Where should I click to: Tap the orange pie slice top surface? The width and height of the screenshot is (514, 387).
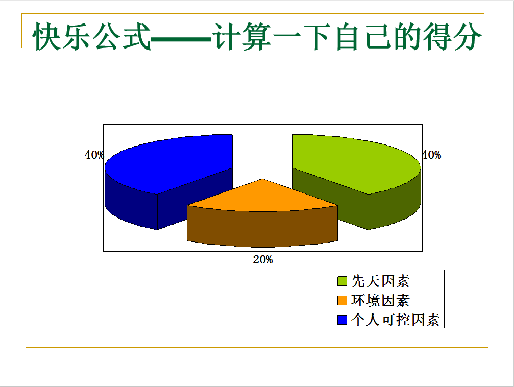262,197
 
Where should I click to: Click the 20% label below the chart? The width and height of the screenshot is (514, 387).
262,260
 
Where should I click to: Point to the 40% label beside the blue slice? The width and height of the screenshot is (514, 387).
94,155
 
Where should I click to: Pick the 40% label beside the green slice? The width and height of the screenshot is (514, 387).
431,155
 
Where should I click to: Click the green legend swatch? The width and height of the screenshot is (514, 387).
342,281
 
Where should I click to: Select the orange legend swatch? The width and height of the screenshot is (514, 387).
342,300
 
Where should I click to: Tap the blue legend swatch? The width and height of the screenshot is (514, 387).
342,320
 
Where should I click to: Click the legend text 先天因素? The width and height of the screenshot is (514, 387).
380,281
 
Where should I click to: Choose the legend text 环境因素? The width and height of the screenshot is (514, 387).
380,300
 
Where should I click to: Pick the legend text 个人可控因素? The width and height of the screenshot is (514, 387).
396,320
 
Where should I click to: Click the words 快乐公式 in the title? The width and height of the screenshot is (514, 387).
91,36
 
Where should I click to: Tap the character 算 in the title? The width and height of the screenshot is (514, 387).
257,36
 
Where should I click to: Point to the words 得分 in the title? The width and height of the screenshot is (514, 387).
452,36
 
